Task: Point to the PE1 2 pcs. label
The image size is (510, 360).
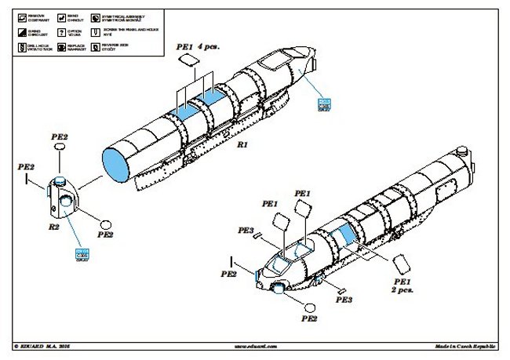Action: (x=403, y=285)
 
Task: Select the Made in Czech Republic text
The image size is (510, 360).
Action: (x=466, y=345)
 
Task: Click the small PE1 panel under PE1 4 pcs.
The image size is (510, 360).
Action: (x=184, y=60)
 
